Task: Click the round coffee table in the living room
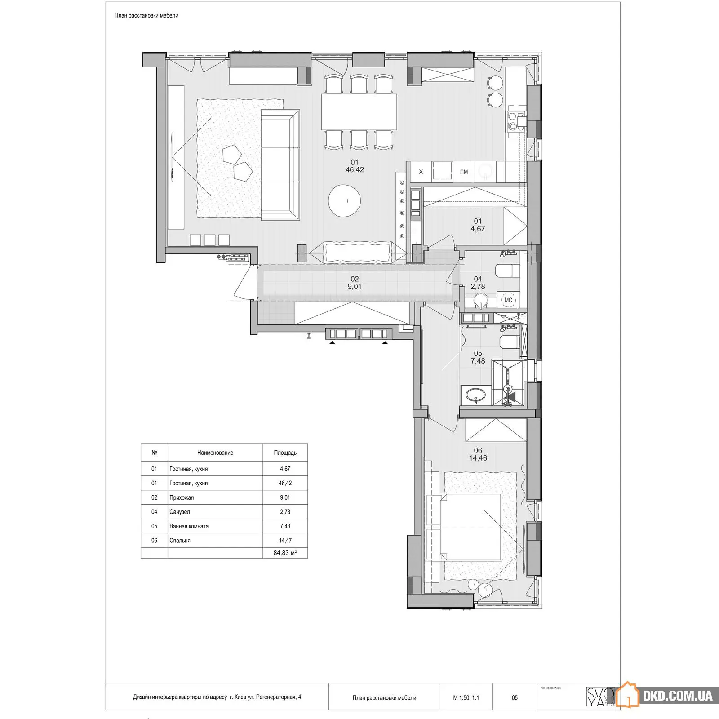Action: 345,201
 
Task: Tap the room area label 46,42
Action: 355,170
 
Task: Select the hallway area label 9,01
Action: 354,287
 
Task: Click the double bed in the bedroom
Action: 470,527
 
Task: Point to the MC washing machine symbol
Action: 508,300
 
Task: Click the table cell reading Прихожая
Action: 182,497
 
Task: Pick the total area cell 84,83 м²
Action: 285,553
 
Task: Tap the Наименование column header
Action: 215,453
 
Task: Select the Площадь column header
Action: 285,453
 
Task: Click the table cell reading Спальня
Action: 180,541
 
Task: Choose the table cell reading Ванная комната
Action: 189,526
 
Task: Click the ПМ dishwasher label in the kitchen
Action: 464,172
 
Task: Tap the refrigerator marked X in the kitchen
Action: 421,172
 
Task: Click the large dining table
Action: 359,111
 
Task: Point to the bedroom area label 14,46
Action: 478,458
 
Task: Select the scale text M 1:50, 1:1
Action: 466,698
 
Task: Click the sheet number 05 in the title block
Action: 515,698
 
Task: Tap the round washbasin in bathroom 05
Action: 475,395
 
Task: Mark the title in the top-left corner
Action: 146,15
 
